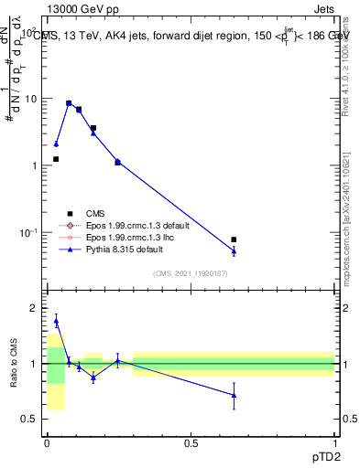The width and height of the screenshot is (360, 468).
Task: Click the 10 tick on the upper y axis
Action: [x=30, y=98]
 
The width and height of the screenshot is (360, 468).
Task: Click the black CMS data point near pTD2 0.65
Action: [x=234, y=239]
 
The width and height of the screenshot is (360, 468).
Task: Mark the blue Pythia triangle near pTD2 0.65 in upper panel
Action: [x=234, y=251]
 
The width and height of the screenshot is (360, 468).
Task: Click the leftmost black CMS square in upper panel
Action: [x=56, y=159]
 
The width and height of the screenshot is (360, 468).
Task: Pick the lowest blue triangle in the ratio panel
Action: [x=234, y=396]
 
